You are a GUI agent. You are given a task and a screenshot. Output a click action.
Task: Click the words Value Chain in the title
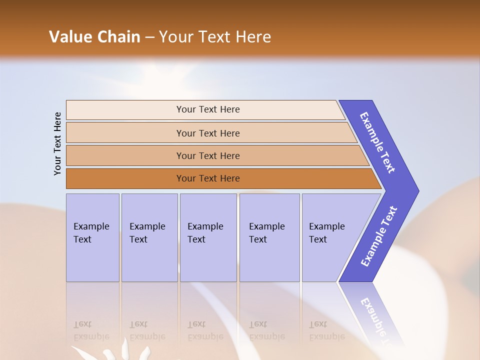[x=94, y=37]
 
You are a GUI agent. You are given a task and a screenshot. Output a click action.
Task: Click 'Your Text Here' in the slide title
[x=215, y=37]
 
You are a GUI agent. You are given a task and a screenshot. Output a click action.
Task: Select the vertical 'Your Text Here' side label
[x=58, y=143]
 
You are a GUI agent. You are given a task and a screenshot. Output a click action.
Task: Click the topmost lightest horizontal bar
[x=205, y=109]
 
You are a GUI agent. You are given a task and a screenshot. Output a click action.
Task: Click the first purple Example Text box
[x=92, y=237]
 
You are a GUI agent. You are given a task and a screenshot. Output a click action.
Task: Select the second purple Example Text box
[x=149, y=237]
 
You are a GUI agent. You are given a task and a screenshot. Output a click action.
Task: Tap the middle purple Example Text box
[x=208, y=237]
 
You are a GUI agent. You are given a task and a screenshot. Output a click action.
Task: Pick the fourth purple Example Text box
[x=269, y=237]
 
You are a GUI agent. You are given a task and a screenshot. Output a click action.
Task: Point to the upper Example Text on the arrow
[x=377, y=142]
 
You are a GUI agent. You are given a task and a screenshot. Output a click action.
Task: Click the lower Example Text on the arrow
[x=379, y=236]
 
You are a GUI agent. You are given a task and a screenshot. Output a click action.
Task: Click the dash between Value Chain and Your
[x=149, y=37]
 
